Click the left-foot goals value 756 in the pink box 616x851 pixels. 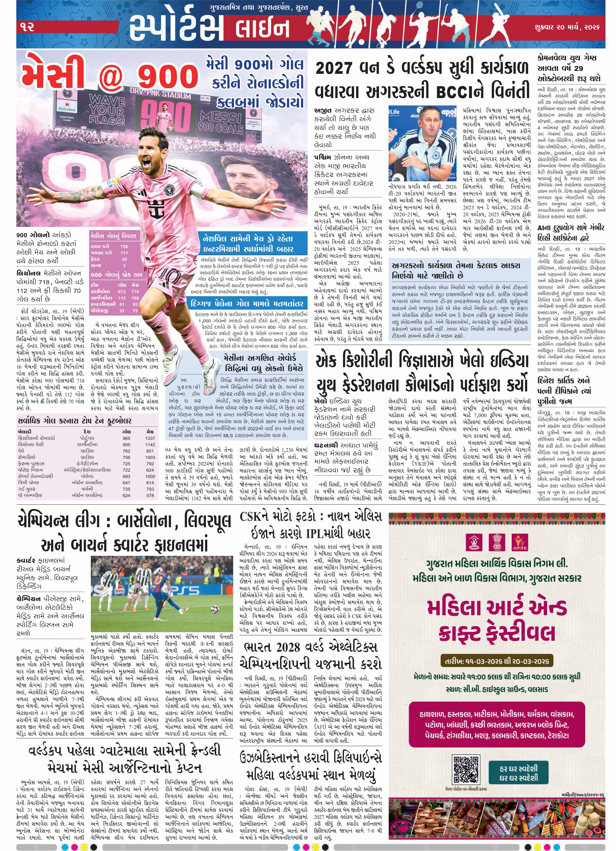(124, 246)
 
